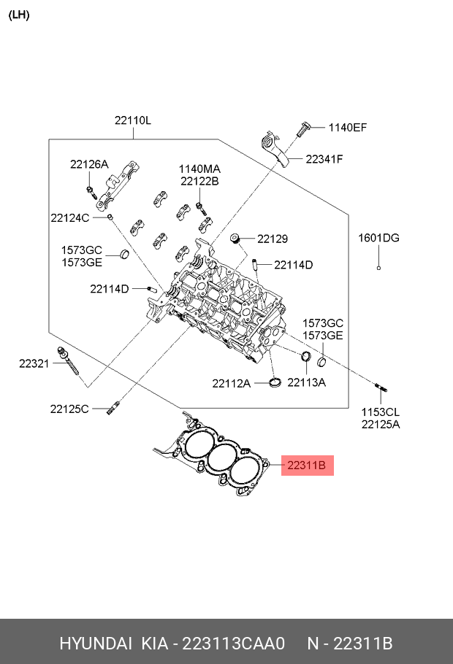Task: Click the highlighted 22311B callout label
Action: pos(308,465)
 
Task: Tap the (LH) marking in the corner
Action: pos(18,15)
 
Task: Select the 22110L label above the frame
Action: pos(132,120)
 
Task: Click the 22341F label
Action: pos(324,158)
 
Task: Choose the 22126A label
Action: pos(88,164)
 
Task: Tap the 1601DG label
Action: pos(378,238)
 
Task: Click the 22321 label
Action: pos(34,363)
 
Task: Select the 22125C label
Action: pos(69,409)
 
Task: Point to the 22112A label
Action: pos(232,383)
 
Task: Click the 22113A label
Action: pos(306,382)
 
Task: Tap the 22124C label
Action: pos(69,217)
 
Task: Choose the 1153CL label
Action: pos(380,412)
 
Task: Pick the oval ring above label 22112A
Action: pos(275,383)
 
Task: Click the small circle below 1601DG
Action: pos(378,269)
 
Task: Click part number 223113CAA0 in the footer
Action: pos(232,644)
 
